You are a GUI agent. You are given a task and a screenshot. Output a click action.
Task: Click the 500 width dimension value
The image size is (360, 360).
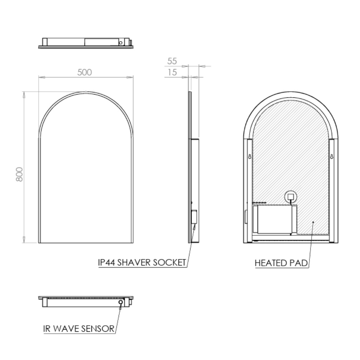click(x=85, y=72)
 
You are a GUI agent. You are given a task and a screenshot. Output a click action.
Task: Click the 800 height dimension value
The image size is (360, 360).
click(x=19, y=174)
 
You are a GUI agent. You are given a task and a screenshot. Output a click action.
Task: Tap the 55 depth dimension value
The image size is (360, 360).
click(x=172, y=61)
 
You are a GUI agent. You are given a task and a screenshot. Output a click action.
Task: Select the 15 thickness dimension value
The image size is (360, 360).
click(x=172, y=72)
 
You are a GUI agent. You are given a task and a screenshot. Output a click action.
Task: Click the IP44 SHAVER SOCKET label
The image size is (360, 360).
click(x=142, y=263)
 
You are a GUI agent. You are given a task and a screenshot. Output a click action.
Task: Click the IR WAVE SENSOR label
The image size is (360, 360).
click(x=78, y=329)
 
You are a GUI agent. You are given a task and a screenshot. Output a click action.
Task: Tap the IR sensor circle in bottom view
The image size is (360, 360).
click(x=121, y=302)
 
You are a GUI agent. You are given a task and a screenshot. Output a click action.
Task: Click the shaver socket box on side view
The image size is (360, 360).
click(x=194, y=217)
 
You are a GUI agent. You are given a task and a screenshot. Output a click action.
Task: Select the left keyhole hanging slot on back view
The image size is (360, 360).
click(x=250, y=157)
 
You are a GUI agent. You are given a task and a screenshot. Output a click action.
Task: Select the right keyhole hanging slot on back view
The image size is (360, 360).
click(x=332, y=157)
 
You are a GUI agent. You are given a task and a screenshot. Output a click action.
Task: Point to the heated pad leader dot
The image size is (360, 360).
click(x=313, y=222)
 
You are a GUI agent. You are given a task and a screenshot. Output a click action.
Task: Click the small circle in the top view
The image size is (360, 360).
click(x=121, y=43)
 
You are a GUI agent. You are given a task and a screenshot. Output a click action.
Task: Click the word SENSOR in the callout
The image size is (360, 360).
click(x=98, y=329)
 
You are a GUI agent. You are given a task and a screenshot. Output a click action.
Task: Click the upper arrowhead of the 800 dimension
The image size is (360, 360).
click(x=24, y=95)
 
